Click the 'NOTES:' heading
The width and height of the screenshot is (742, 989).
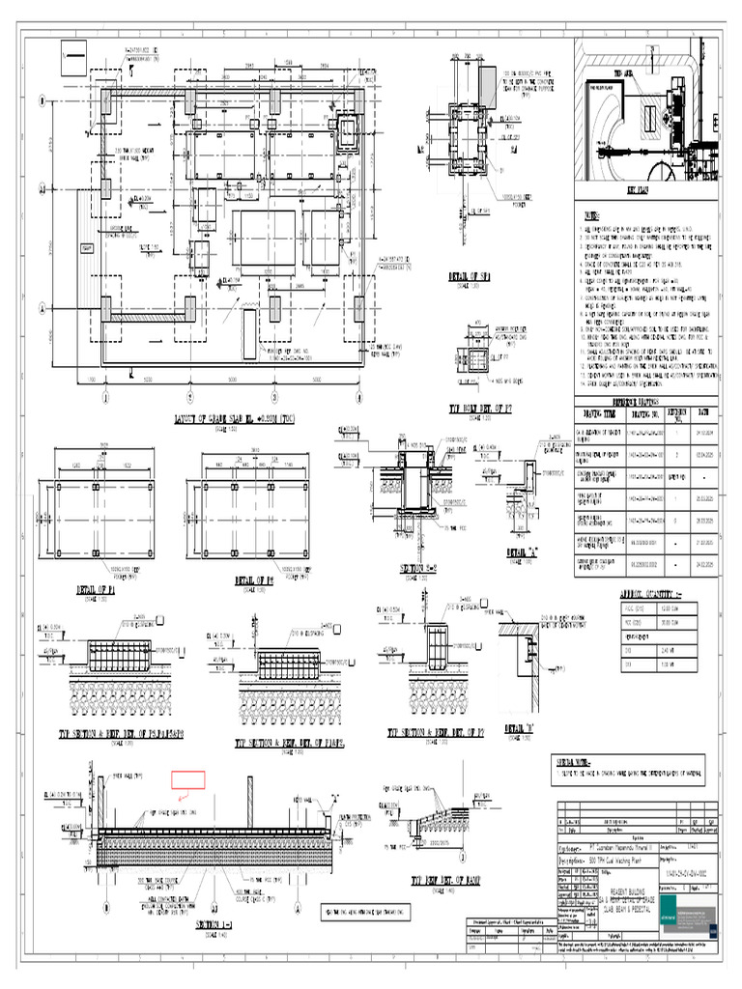click(589, 216)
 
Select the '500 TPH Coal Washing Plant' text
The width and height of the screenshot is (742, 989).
click(611, 858)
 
